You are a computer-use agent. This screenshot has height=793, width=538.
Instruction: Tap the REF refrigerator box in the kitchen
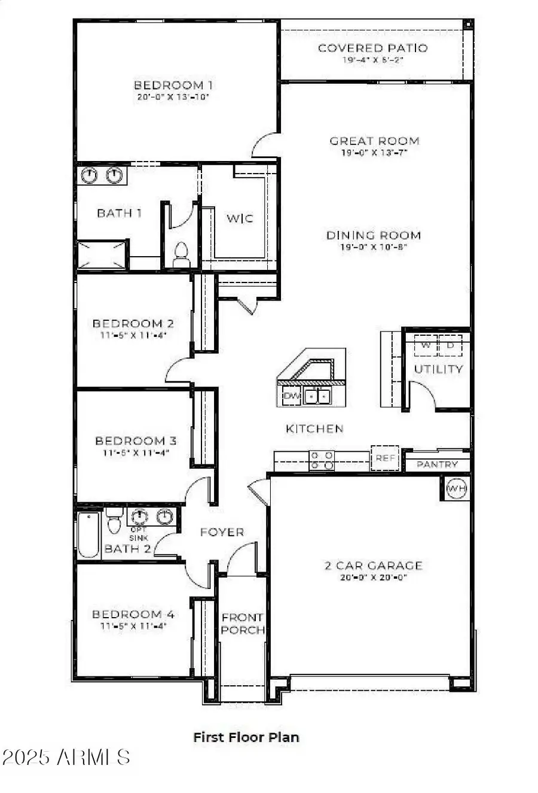tap(385, 458)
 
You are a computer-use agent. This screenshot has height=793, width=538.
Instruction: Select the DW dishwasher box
tap(291, 396)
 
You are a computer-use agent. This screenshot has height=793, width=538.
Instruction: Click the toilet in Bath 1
tap(180, 255)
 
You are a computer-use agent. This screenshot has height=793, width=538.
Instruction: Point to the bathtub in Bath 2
tap(89, 534)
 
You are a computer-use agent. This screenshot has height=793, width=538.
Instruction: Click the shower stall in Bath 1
tap(102, 255)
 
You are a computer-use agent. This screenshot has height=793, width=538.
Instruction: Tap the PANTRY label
tap(437, 464)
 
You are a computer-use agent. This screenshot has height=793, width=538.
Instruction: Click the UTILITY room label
tap(438, 369)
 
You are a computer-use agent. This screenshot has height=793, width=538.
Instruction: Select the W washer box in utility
tap(426, 345)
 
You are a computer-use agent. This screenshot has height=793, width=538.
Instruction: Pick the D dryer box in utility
tap(451, 345)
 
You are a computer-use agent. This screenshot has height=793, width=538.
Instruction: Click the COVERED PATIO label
tap(372, 48)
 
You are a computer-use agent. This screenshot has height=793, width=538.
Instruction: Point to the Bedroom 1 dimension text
tap(173, 96)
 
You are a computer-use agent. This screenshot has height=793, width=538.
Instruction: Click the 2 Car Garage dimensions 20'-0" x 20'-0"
tap(373, 577)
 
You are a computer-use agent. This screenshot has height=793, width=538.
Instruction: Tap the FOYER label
tap(222, 531)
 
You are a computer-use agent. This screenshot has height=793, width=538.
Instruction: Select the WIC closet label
tap(239, 218)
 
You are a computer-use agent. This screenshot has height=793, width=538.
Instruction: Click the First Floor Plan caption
tap(246, 737)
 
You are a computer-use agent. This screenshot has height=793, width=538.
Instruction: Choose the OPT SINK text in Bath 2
tap(139, 534)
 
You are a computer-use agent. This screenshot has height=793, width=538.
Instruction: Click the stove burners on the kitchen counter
tap(322, 460)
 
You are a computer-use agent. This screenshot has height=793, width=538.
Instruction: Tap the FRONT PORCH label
tap(243, 623)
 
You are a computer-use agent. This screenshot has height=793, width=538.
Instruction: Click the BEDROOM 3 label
tap(136, 441)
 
